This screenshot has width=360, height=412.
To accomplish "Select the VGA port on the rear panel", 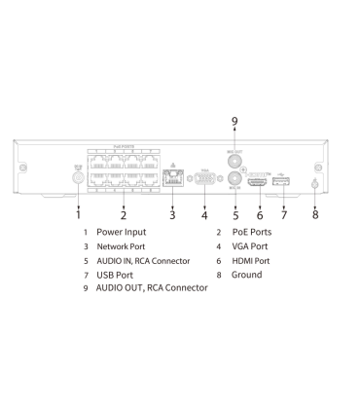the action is [x=204, y=179].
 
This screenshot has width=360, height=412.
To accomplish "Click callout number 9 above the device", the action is [x=234, y=121].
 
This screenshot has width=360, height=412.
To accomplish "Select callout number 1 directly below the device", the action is [x=79, y=214].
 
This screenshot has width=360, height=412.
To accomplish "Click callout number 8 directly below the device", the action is [x=315, y=214].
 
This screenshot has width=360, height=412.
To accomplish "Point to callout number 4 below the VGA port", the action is [x=204, y=214].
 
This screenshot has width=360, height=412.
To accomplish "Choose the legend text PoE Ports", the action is [x=251, y=233].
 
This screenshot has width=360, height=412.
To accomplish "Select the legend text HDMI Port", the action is [x=251, y=261].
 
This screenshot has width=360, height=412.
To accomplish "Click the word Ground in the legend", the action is [x=246, y=275].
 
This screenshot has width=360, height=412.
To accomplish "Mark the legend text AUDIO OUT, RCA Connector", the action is [x=152, y=288].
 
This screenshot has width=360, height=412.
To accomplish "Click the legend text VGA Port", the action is [x=249, y=246].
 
